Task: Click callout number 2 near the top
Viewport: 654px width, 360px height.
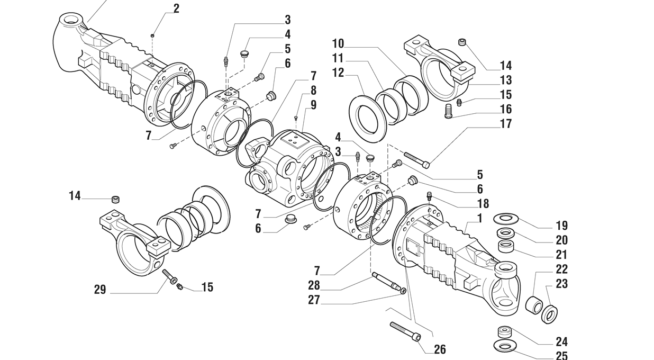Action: click(x=176, y=8)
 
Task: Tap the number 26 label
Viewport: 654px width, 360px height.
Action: click(x=440, y=349)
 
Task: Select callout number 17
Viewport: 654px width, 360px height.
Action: click(x=506, y=124)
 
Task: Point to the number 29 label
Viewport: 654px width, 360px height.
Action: click(x=100, y=290)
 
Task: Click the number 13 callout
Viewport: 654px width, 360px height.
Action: click(x=506, y=80)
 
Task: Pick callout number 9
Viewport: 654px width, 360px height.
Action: click(x=313, y=105)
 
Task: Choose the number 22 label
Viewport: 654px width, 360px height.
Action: click(x=561, y=269)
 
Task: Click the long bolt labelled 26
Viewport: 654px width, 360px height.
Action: click(x=405, y=331)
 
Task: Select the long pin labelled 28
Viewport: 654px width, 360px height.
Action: click(x=388, y=282)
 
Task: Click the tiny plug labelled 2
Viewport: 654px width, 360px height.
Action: click(x=152, y=35)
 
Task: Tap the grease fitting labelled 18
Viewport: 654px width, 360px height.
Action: click(x=429, y=196)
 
